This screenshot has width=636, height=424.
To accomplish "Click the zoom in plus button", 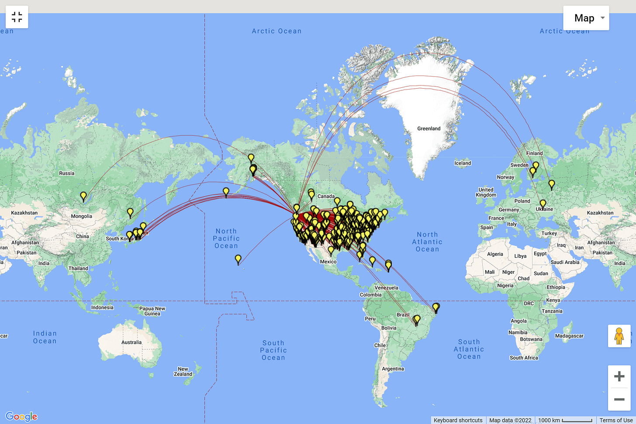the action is click(x=619, y=376).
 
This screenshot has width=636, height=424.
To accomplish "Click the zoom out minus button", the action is click(x=619, y=400).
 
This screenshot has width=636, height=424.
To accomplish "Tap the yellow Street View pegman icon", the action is click(x=619, y=336).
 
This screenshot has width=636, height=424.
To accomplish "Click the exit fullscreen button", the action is click(x=17, y=17).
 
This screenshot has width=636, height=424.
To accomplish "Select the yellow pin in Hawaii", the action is click(x=238, y=259).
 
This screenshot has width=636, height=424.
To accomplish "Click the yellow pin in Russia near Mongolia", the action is click(x=83, y=196).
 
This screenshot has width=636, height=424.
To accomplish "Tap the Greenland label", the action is click(x=429, y=128).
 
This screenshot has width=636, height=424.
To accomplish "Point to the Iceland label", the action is click(x=463, y=163).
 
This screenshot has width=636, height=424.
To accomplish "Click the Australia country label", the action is click(x=131, y=342).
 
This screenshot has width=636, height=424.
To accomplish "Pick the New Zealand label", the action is click(x=183, y=372).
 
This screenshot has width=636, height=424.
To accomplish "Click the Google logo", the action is click(x=21, y=416).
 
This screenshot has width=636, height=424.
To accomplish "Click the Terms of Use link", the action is click(x=616, y=420).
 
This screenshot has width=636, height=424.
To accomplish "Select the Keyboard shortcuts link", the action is click(x=458, y=420).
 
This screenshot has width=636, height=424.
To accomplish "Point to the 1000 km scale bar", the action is click(x=565, y=420).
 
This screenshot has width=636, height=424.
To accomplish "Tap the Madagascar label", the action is click(x=569, y=336).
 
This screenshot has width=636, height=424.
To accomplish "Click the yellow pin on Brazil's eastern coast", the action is click(x=436, y=307).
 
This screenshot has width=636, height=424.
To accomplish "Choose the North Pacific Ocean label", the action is click(x=226, y=238).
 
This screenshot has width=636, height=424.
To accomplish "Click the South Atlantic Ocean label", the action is click(x=469, y=349).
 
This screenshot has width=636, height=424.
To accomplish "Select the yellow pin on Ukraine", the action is click(x=543, y=203).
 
